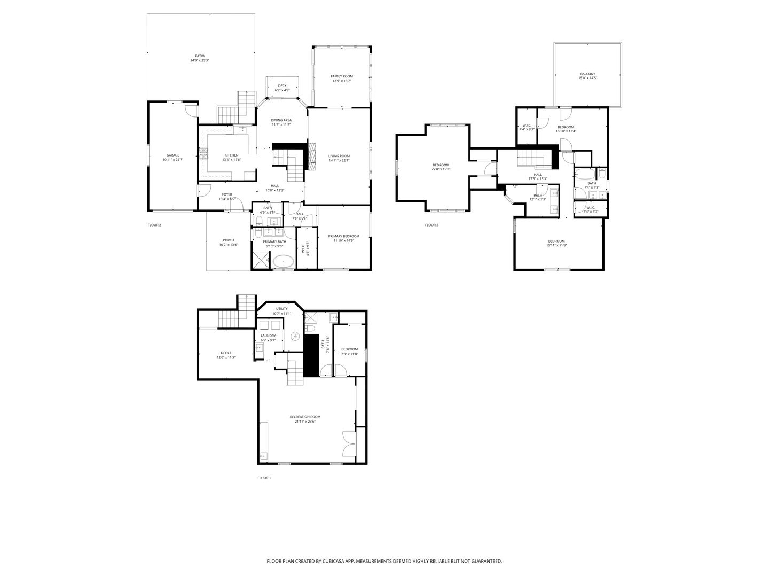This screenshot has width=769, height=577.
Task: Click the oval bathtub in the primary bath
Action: (x=283, y=261)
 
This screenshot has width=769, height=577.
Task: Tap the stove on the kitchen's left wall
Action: (x=203, y=155)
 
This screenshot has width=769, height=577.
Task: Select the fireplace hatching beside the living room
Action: (x=311, y=156)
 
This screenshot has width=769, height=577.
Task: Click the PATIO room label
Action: (x=199, y=56)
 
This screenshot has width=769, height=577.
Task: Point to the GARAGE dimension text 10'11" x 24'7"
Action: (x=172, y=160)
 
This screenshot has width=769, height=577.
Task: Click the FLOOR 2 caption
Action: (x=154, y=225)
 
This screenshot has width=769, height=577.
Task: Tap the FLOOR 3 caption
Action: (x=431, y=225)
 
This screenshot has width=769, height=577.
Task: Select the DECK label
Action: (x=282, y=85)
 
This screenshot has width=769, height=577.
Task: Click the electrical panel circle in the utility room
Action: (x=295, y=336)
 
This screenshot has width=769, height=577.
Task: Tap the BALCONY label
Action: (x=587, y=74)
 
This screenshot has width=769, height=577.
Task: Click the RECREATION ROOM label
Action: (x=305, y=417)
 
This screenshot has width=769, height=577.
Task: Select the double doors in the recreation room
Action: (x=349, y=443)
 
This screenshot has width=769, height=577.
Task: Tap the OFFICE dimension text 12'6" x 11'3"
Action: (x=226, y=357)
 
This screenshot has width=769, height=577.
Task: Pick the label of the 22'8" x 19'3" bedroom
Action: (x=441, y=165)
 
